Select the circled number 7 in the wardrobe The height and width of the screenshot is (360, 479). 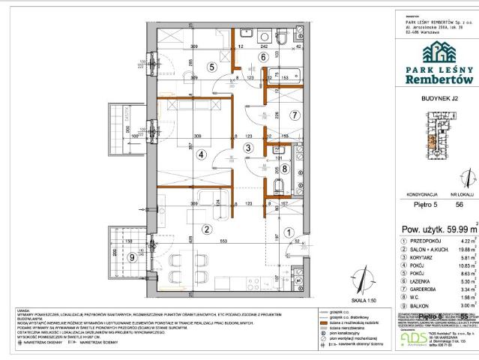pos(295,115)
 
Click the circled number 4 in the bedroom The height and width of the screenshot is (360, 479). pos(201,156)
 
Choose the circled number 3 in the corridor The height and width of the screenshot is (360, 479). pos(248,148)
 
